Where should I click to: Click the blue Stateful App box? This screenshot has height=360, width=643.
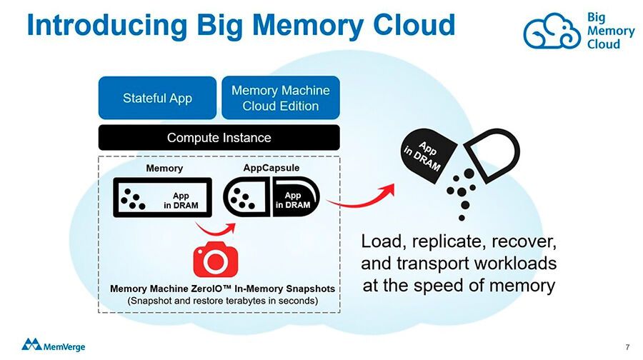click(x=157, y=98)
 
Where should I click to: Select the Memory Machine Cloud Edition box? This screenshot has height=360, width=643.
click(x=280, y=98)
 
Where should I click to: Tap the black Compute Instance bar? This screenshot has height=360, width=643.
click(x=219, y=137)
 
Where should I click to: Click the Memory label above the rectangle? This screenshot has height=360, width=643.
click(x=164, y=169)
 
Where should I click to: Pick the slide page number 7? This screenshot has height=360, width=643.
click(x=627, y=347)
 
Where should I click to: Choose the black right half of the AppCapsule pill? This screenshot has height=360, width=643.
click(x=295, y=197)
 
